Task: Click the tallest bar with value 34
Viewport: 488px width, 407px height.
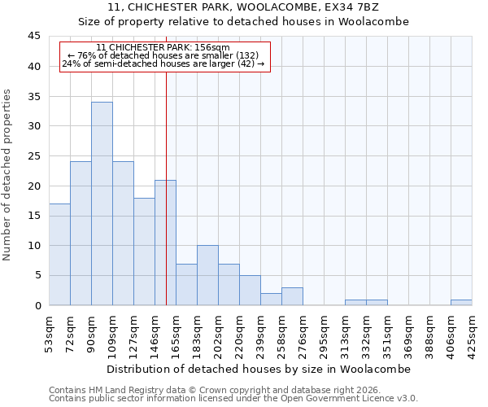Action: pos(102,203)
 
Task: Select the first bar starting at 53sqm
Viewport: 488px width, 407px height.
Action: pos(59,254)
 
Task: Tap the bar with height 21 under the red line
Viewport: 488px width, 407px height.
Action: pos(165,243)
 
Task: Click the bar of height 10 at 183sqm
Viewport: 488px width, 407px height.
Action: pos(207,275)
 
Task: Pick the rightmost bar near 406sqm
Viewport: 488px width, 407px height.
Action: pos(461,303)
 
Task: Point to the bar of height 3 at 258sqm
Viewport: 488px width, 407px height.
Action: pos(292,296)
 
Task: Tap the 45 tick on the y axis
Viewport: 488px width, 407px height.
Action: pos(33,37)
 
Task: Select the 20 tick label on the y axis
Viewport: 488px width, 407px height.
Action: pos(33,186)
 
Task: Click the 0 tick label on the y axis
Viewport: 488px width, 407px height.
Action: pos(37,305)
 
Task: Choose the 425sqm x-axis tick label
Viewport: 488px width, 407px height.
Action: pos(473,334)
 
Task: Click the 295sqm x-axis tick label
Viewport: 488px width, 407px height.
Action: pos(325,334)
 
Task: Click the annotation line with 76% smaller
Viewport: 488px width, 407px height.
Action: pos(163,55)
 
